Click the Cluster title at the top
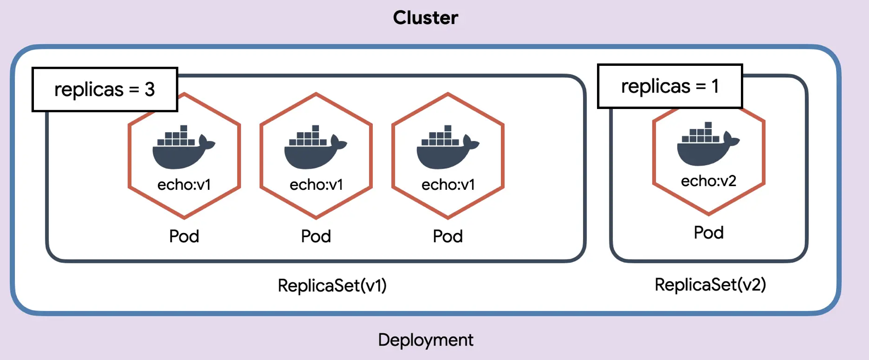click(425, 18)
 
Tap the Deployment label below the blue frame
click(426, 340)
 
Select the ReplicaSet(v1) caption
click(332, 285)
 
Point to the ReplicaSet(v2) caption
click(710, 284)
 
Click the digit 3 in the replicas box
click(150, 89)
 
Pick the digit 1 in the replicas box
click(715, 86)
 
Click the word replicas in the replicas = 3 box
click(89, 89)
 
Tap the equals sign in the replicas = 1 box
click(700, 86)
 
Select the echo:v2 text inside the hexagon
click(709, 181)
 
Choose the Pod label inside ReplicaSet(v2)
click(709, 232)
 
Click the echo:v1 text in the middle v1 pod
click(316, 185)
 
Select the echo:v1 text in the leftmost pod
click(184, 185)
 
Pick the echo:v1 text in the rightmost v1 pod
click(448, 185)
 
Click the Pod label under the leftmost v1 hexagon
click(184, 236)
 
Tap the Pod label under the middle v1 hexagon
click(316, 236)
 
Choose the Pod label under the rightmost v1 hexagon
click(448, 236)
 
